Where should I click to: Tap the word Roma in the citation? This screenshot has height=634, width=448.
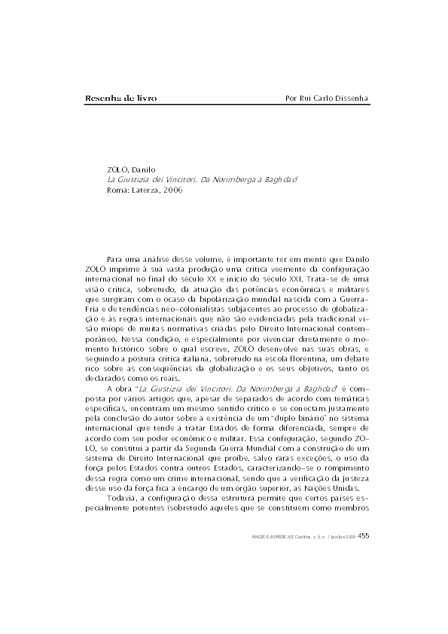(118, 191)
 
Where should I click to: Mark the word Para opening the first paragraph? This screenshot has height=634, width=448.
(116, 258)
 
